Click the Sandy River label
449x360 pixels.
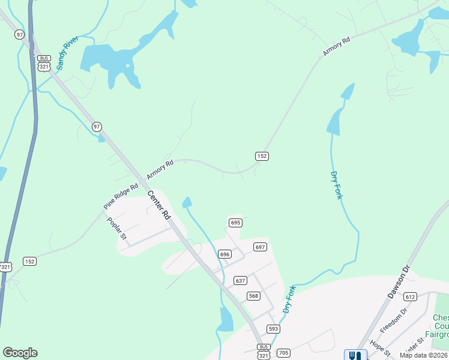click(x=68, y=53)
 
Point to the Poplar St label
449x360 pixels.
click(x=116, y=229)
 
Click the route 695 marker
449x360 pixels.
click(x=235, y=223)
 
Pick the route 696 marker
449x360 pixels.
click(x=224, y=254)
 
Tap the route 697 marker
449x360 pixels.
click(x=260, y=247)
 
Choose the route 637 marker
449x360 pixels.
click(x=240, y=280)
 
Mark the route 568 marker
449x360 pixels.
click(x=253, y=295)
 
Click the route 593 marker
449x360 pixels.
click(x=273, y=329)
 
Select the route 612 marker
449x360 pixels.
click(x=410, y=296)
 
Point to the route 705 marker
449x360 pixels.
click(x=284, y=353)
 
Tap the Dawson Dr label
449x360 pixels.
click(x=397, y=282)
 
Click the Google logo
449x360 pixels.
click(x=20, y=353)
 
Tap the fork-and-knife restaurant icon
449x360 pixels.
click(x=355, y=355)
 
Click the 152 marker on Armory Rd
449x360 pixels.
click(x=262, y=156)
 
